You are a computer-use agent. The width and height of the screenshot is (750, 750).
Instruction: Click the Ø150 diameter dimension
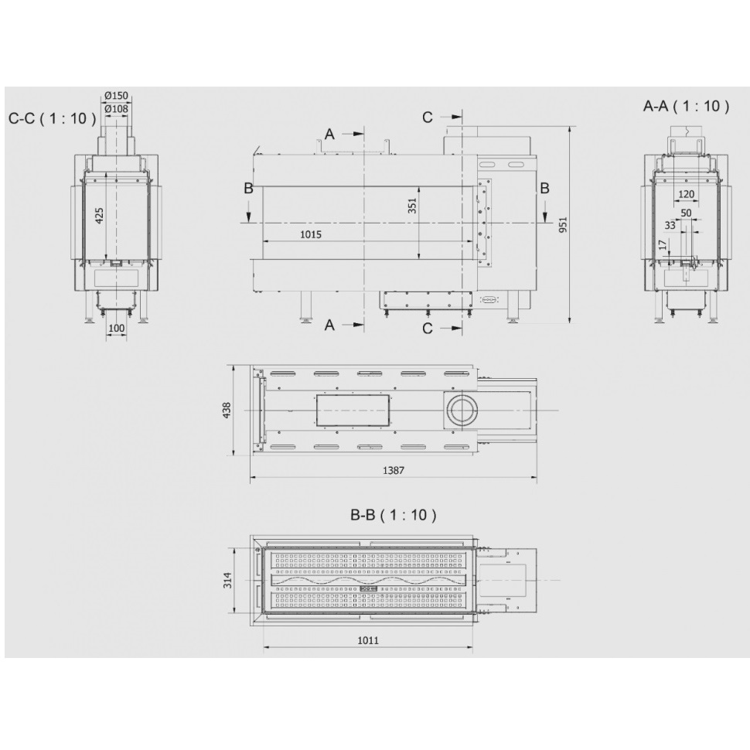[116, 96]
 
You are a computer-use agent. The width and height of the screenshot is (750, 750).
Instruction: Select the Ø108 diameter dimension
[116, 109]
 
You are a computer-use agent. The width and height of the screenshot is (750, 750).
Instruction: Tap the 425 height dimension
[99, 216]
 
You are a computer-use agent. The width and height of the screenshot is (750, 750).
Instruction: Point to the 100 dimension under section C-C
[116, 328]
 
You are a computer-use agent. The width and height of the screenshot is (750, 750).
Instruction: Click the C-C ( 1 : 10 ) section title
[52, 118]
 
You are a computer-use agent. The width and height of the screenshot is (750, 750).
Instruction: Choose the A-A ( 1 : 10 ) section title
[686, 106]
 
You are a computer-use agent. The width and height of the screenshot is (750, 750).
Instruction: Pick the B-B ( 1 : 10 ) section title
[394, 515]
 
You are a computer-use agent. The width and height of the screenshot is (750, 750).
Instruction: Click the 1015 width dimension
[311, 234]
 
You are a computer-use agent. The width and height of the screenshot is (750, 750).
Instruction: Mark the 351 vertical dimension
[412, 205]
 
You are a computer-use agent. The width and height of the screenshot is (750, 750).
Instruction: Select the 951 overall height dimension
[563, 224]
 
